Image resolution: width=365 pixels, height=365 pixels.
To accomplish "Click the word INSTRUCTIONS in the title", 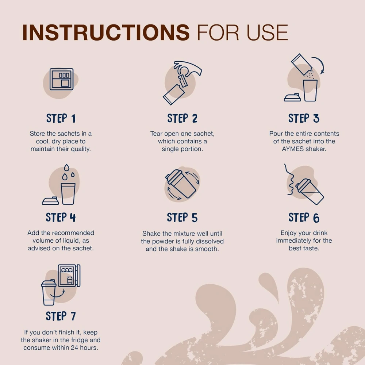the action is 106,32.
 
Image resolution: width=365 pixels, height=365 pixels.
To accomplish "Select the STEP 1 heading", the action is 61,118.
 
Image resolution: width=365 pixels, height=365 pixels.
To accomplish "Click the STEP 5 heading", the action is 182,218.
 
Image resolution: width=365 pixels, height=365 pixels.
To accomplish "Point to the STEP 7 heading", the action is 61,316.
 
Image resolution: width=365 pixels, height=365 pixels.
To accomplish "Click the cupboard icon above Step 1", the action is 61,79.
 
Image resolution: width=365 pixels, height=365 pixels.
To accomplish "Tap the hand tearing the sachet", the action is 187,69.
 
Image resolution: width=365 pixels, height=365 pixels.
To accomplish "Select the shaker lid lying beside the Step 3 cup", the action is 292,97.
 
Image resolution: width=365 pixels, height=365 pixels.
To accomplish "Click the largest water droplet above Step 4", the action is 66,168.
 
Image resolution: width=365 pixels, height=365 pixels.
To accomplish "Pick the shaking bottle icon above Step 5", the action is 181,184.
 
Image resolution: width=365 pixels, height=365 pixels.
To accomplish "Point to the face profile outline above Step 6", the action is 289,180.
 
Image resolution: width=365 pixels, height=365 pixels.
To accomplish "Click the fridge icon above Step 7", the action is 69,276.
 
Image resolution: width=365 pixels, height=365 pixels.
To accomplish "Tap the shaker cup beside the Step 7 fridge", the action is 49,292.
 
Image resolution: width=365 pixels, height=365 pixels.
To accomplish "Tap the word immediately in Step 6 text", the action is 294,241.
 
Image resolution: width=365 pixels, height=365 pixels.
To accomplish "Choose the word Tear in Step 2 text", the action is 156,134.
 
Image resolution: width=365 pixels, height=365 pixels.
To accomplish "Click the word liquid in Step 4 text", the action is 70,241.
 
